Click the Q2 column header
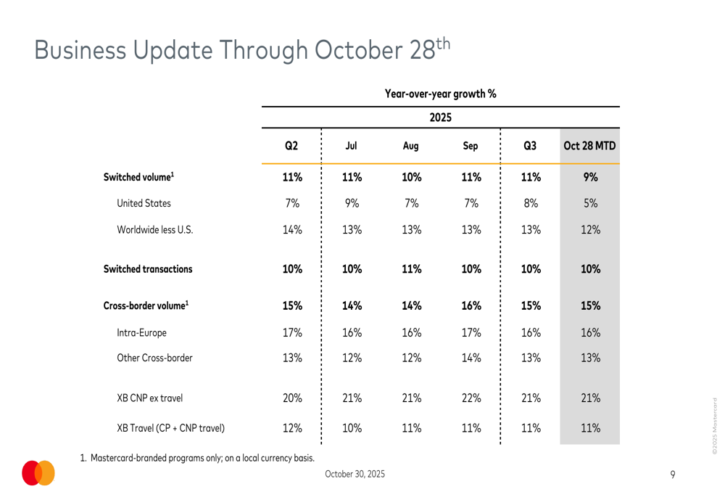(x=291, y=146)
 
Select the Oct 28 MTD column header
(x=590, y=146)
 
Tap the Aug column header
(x=410, y=146)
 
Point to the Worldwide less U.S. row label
(x=155, y=231)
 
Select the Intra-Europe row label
(x=141, y=334)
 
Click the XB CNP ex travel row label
(x=149, y=398)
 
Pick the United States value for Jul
(x=352, y=204)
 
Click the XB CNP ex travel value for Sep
(x=471, y=398)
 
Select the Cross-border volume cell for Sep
(x=471, y=305)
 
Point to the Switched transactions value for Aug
(x=411, y=269)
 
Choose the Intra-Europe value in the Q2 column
(x=291, y=334)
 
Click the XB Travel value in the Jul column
(x=352, y=427)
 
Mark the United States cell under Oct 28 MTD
(x=590, y=204)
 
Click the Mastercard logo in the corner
(x=38, y=472)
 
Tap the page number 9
(x=673, y=475)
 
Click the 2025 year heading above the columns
(x=441, y=118)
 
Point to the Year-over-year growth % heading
(x=441, y=94)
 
